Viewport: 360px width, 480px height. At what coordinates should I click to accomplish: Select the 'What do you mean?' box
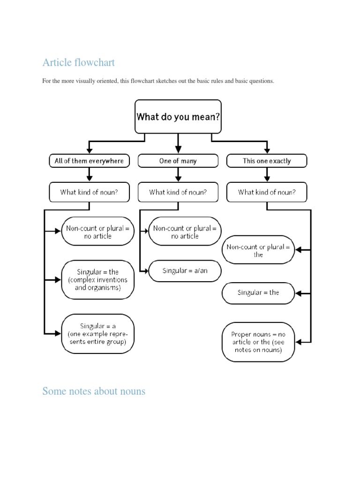(x=178, y=116)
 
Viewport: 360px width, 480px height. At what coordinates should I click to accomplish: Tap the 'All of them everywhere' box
(x=89, y=161)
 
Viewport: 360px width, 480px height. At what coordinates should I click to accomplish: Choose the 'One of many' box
(x=178, y=161)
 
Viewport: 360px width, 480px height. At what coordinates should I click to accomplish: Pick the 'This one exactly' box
(x=267, y=161)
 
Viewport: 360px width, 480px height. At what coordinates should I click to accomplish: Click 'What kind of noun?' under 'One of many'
(x=178, y=192)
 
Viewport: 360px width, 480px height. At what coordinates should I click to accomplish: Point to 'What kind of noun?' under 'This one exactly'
(x=267, y=192)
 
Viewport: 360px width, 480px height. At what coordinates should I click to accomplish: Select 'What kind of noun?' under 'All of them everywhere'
(x=89, y=192)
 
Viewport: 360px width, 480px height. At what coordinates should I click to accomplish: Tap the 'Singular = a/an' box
(x=185, y=271)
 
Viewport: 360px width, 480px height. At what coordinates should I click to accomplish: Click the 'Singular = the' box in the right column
(x=258, y=292)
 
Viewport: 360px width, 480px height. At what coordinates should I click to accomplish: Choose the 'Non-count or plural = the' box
(x=258, y=251)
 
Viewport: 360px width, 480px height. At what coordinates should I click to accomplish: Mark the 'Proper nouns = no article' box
(x=258, y=342)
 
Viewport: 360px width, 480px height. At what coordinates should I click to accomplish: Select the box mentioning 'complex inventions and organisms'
(x=97, y=280)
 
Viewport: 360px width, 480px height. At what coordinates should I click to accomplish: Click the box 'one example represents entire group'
(x=97, y=333)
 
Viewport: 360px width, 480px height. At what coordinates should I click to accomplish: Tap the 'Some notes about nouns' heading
(x=94, y=391)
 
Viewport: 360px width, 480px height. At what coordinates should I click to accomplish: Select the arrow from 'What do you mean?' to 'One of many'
(x=178, y=143)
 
